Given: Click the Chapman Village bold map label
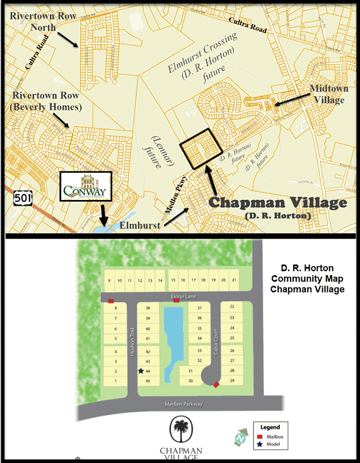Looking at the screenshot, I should [277, 203].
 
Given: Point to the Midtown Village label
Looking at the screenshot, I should [328, 95].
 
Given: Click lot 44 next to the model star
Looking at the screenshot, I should [148, 372].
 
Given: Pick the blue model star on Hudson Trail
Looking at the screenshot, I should [140, 372].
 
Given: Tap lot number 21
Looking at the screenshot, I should [234, 280].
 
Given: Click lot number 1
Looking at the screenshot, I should [116, 381].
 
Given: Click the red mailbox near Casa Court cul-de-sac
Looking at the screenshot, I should [216, 385].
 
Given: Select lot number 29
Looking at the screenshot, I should [232, 381].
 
